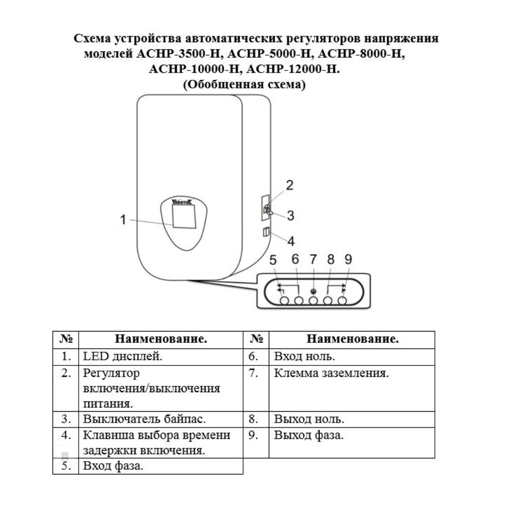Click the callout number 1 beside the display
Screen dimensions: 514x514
[123, 219]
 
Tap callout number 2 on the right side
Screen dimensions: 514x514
[289, 186]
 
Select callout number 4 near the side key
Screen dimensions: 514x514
[290, 240]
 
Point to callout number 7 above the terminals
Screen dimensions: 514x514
[313, 260]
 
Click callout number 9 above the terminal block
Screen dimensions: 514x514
[348, 260]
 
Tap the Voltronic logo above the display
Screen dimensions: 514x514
[183, 202]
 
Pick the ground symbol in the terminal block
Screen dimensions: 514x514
[313, 291]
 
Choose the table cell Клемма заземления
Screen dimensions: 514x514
[331, 373]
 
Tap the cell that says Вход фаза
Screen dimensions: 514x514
[113, 466]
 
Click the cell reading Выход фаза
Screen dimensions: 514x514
[308, 435]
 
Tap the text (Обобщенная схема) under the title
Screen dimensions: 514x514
[244, 85]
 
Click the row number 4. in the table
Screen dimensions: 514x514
[66, 435]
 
